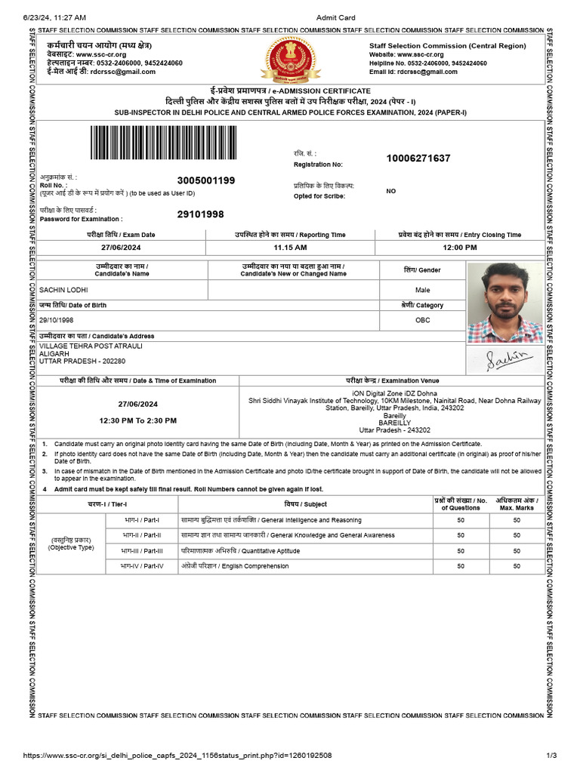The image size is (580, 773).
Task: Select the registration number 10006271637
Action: point(418,159)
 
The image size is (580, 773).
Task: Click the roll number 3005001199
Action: point(206,180)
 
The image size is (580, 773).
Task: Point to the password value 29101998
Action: point(200,214)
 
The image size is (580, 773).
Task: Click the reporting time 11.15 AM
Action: point(290,248)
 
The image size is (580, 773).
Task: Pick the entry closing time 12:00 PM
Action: point(460,248)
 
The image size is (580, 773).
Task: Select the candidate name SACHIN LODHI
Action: point(64,290)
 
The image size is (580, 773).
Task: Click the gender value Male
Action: point(422,290)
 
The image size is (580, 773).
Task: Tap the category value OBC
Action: point(422,320)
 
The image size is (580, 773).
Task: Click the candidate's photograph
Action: point(504,302)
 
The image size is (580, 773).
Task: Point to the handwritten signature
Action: point(504,359)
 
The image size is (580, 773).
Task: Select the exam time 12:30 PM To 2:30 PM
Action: point(138,420)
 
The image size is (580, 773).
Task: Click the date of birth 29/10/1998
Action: point(57,320)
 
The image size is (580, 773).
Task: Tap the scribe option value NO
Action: point(390,191)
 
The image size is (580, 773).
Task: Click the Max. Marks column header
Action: point(516,504)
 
